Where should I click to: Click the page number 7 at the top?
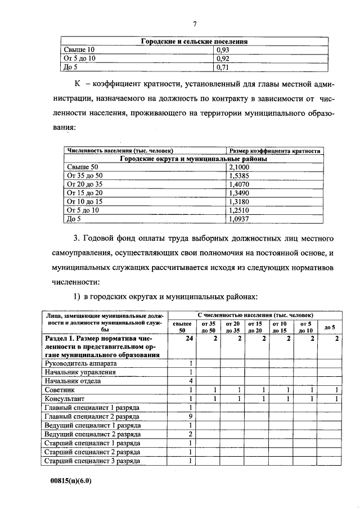tap(195, 24)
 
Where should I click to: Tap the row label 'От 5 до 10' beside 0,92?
tap(80, 58)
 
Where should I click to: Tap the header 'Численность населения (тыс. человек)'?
tap(119, 151)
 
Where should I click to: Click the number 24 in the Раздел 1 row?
tap(189, 339)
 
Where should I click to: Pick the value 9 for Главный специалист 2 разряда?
tap(191, 416)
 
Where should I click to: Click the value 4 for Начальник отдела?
tap(191, 381)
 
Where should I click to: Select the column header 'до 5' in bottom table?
tap(330, 327)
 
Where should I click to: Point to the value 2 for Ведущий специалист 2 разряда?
tap(191, 434)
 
